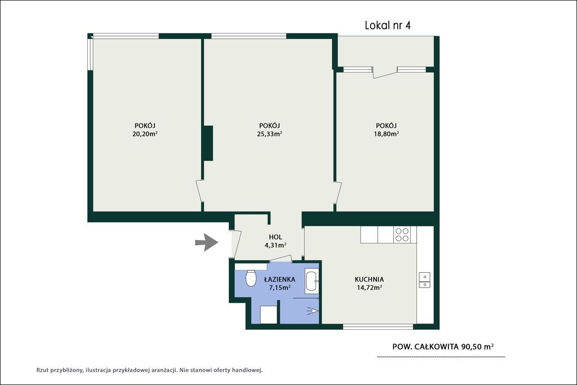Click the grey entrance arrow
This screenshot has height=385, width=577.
[x=207, y=242]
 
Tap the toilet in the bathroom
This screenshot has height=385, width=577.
[x=251, y=278]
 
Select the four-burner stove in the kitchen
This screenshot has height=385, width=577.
[x=401, y=235]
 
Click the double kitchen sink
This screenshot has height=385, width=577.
[x=424, y=280]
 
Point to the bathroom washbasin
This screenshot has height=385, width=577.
[x=312, y=281]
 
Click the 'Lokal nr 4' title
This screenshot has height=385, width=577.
[x=388, y=25]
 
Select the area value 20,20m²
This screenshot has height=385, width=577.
[x=145, y=134]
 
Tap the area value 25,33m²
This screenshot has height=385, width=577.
[x=269, y=134]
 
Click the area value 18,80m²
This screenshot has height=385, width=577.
[x=387, y=134]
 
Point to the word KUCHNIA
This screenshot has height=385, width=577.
[x=369, y=280]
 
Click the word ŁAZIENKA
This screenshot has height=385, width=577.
[x=279, y=280]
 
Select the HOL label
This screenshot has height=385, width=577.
[x=276, y=237]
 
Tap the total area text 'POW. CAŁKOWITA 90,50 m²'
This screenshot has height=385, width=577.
[x=443, y=346]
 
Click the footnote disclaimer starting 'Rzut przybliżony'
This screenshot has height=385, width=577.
[x=149, y=370]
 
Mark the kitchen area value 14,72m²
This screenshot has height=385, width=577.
[x=369, y=288]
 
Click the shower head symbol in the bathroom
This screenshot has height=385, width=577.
[x=312, y=311]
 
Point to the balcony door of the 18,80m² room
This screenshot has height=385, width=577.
[x=385, y=73]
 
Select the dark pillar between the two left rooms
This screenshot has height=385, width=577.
[x=208, y=143]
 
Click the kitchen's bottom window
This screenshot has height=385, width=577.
[x=378, y=326]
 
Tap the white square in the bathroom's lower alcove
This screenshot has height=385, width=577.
[x=269, y=315]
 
